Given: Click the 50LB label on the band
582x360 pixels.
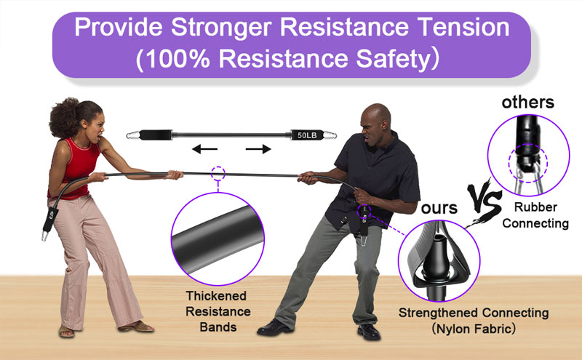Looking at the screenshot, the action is pos(307,135).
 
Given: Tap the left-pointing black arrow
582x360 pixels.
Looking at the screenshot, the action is pos(204,149).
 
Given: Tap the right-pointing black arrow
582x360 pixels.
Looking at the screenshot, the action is pos(258,149).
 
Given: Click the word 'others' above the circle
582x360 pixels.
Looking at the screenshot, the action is pos(528,103).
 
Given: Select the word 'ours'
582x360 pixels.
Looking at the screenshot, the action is pos(439,208).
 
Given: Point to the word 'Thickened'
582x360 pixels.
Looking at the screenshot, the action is pos(216,296).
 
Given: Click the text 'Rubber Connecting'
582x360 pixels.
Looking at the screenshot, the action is pos(535,215).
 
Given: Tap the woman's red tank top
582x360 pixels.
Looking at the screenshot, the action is pos(77,167).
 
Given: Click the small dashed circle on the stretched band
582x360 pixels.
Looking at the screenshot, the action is pos(218,173).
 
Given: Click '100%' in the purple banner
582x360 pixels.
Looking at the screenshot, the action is pos(178,59).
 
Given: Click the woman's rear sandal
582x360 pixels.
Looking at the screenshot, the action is pos(66,332).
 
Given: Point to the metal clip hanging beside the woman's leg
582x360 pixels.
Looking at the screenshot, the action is pos(45,236).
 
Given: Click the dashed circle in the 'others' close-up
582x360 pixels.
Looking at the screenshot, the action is pos(528,163).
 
